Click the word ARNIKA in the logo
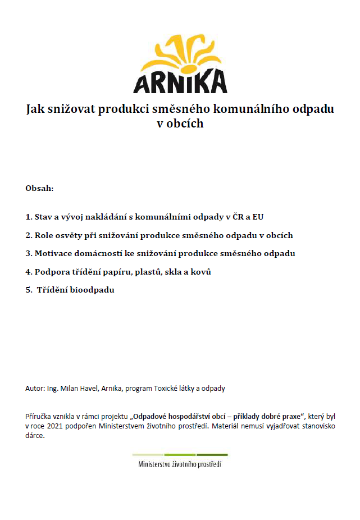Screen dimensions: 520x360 pos(180,81)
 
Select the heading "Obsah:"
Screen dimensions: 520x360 pos(39,188)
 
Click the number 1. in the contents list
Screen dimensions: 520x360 pos(29,216)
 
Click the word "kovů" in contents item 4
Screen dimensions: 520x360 pos(201,272)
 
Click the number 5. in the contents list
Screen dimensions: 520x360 pos(29,290)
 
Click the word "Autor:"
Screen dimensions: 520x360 pos(34,388)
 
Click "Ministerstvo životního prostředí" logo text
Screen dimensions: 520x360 pos(180,465)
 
